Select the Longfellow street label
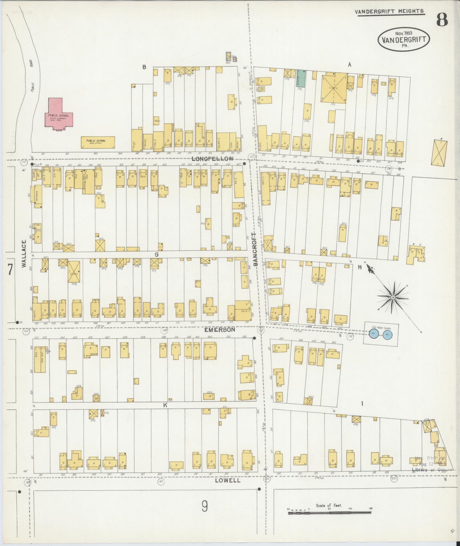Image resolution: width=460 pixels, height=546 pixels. [212, 159]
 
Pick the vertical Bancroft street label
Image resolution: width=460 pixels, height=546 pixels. [255, 249]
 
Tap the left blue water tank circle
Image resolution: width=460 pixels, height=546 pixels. [373, 333]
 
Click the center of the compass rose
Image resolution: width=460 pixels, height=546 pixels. [393, 297]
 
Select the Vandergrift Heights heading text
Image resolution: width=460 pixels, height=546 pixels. [389, 11]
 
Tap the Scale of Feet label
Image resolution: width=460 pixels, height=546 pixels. [329, 505]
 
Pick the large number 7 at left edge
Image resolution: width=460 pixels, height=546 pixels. [10, 269]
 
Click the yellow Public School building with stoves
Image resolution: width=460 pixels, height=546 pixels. [98, 142]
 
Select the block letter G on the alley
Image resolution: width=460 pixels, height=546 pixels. [156, 254]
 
